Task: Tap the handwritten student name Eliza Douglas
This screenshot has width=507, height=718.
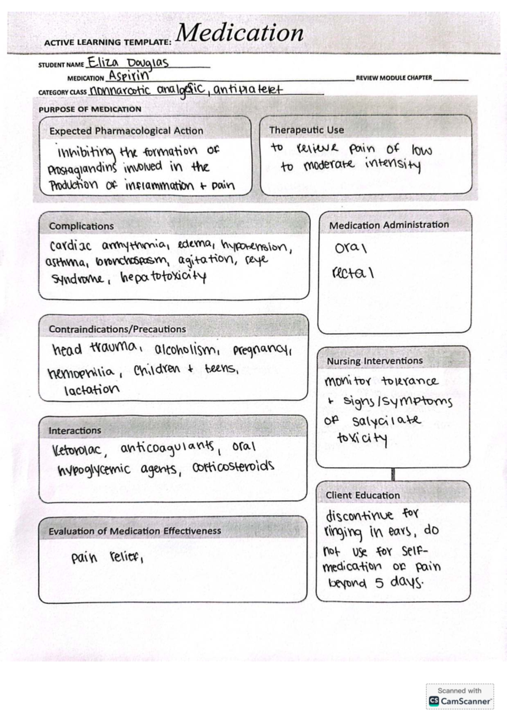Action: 128,63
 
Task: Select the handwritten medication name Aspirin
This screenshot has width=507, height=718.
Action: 129,76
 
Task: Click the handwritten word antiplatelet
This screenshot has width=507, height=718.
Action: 248,90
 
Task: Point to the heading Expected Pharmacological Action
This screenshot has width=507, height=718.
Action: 126,131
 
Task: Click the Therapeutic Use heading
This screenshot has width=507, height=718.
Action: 306,130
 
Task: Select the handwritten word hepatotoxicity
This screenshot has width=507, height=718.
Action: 164,277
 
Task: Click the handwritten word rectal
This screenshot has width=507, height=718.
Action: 353,274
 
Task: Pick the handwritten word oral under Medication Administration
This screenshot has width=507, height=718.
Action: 350,248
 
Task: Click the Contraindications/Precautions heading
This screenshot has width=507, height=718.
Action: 117,329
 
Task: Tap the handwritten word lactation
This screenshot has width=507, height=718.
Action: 92,389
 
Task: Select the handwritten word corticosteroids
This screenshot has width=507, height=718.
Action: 233,467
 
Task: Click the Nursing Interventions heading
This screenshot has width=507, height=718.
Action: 374,361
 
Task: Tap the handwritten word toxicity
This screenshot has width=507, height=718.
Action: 362,438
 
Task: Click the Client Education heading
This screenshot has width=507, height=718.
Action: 363,495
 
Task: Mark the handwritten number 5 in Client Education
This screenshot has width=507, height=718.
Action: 379,584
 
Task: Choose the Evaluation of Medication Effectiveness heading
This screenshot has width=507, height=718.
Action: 135,531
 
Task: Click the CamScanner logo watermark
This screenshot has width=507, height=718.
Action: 460,701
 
